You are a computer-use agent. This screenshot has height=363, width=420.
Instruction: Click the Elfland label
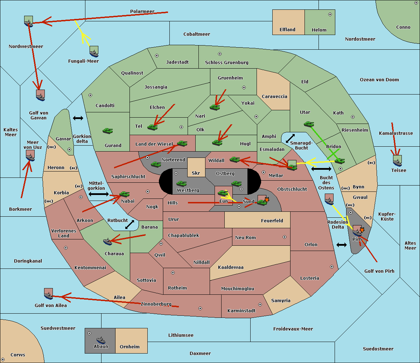[287, 30]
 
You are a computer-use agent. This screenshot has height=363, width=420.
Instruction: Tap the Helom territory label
[319, 30]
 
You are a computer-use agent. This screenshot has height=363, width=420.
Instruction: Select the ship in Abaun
[101, 340]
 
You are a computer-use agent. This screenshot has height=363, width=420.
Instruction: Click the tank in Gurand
[108, 131]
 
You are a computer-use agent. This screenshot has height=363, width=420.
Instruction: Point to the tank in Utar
[309, 124]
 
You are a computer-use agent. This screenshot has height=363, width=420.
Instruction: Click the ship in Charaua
[108, 242]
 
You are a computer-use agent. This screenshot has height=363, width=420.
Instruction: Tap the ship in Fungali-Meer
[94, 51]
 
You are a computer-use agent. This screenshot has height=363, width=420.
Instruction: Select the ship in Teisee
[397, 161]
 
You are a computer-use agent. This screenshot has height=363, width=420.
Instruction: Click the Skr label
[196, 173]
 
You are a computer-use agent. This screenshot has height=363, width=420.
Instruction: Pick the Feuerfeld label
[272, 221]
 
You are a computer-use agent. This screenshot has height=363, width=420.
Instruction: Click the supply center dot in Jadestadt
[157, 56]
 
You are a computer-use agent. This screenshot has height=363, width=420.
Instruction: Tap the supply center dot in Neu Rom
[285, 237]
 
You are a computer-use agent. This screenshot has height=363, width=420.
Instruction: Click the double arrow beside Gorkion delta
[78, 118]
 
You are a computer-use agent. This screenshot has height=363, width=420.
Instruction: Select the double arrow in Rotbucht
[129, 224]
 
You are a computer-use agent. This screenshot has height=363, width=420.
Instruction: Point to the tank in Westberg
[181, 183]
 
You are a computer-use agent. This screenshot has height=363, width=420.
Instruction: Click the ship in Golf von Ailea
[49, 294]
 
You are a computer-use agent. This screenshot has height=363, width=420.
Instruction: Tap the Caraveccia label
[274, 96]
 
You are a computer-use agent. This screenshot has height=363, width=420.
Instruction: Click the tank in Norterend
[156, 164]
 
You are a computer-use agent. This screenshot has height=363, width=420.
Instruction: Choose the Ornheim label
[129, 347]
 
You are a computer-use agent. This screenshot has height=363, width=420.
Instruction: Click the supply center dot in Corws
[3, 359]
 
